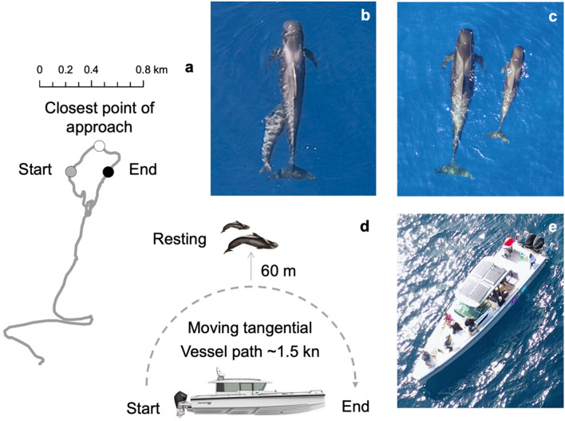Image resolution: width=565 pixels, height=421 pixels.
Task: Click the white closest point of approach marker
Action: (x=99, y=146)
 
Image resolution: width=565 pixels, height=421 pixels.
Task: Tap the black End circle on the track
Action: (x=109, y=171)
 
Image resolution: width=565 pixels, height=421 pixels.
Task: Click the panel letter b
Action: (x=365, y=15)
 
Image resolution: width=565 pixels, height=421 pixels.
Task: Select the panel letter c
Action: (x=552, y=15)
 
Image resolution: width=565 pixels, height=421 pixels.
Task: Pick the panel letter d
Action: (x=364, y=226)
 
